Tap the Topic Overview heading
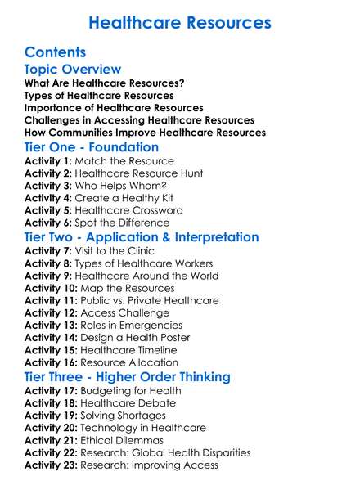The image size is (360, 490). pos(73,70)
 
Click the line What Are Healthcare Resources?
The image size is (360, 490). pos(104,83)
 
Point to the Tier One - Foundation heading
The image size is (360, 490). pos(92,147)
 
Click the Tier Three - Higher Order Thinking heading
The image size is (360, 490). pos(127,377)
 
